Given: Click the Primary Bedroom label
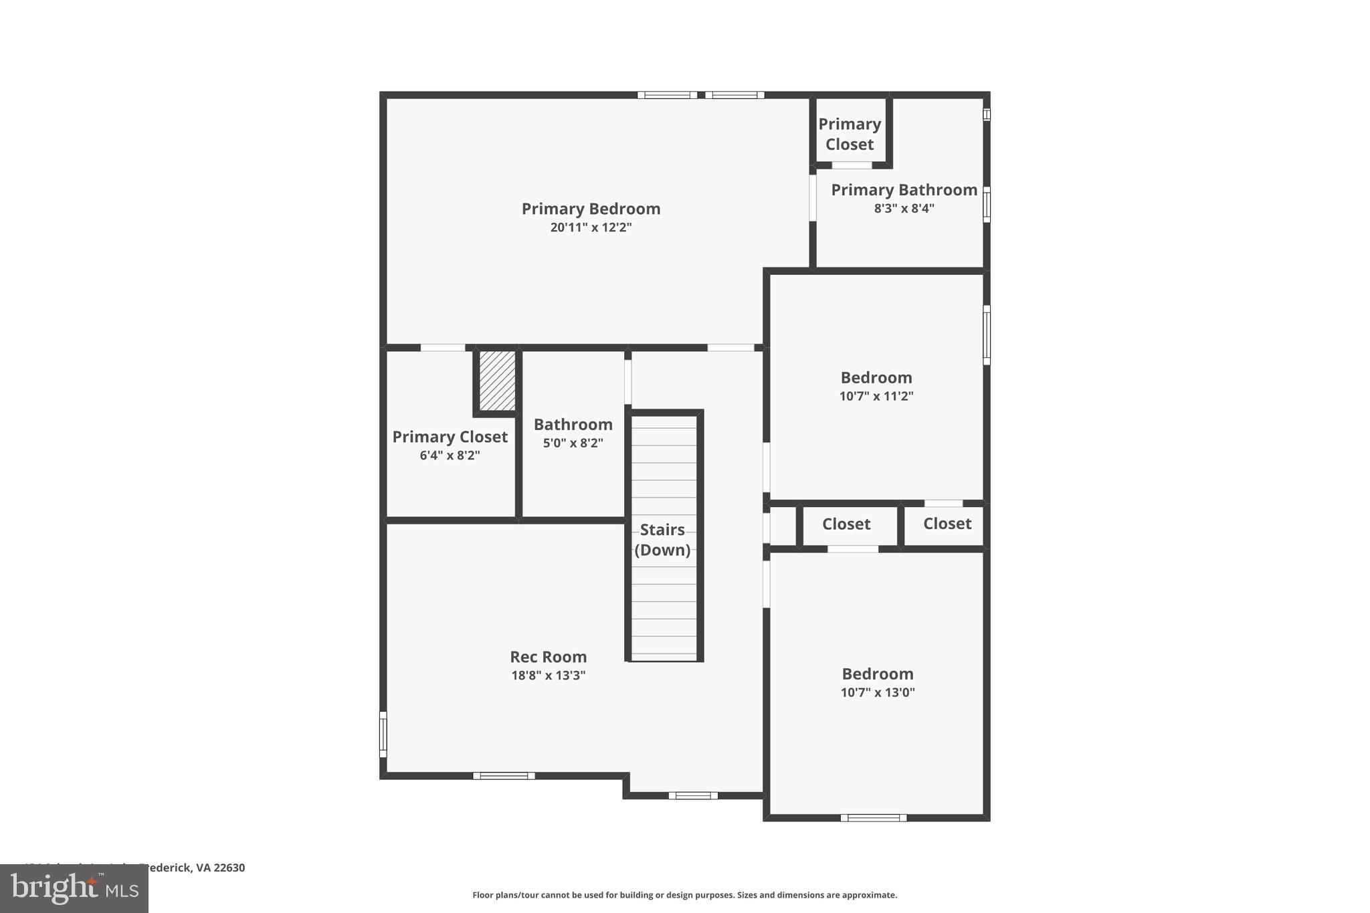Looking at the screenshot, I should [x=591, y=209].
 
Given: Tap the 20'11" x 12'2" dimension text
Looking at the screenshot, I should [x=591, y=227].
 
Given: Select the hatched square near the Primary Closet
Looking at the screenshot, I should [x=497, y=381].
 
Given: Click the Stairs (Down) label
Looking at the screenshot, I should [x=662, y=540].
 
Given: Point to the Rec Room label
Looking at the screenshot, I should [x=548, y=657].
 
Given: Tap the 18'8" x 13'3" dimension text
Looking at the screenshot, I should [x=548, y=676].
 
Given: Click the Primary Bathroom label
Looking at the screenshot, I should [x=904, y=190].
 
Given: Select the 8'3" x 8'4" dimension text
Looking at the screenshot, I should [x=904, y=209].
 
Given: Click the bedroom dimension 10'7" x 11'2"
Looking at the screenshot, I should [x=876, y=396].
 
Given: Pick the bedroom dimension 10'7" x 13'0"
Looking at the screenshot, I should [x=877, y=692].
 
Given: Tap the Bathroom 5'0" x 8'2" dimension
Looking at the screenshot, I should [x=573, y=443].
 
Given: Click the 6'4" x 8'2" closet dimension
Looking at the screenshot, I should [x=450, y=455].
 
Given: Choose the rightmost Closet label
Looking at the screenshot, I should [x=947, y=524].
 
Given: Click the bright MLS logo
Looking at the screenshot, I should [x=74, y=888].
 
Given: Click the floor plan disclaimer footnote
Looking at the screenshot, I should [x=684, y=895].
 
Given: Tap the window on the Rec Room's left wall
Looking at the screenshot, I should [x=383, y=734].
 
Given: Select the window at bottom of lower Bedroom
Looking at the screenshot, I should [x=873, y=817].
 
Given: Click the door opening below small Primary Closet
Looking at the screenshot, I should [x=852, y=165].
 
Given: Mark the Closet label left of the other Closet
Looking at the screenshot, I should [x=846, y=524].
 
